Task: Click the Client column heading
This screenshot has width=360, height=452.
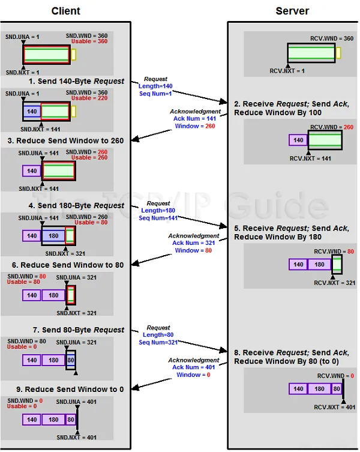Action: (x=65, y=11)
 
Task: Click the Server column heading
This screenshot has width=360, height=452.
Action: (x=292, y=11)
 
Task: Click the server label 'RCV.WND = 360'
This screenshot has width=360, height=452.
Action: (x=332, y=38)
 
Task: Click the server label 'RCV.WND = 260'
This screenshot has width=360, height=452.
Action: (x=332, y=127)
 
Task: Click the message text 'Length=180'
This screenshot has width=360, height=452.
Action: (x=157, y=211)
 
